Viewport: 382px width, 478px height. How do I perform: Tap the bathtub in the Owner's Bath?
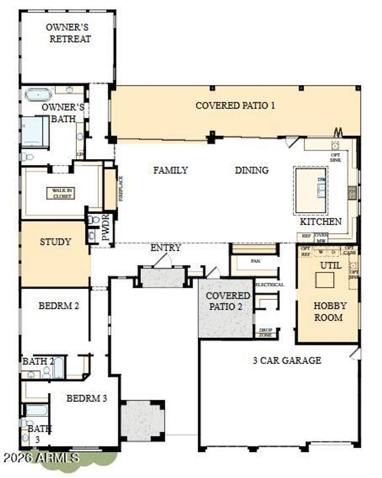[x=39, y=95]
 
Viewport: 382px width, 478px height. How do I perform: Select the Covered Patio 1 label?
[x=235, y=105]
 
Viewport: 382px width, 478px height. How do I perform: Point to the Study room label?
[x=55, y=242]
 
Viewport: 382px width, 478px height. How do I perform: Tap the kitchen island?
[x=311, y=190]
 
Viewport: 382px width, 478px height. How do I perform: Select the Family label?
[x=170, y=170]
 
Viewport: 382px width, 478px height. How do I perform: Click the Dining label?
[x=252, y=170]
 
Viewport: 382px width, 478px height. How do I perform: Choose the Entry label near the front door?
[x=166, y=248]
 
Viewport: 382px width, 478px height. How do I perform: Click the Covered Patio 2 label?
[x=228, y=301]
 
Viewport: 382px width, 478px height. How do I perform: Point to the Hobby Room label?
[x=330, y=312]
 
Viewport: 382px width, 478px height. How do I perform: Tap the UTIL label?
[x=331, y=265]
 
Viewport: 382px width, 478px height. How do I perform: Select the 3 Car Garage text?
[x=287, y=360]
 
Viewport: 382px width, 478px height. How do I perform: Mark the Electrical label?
[x=269, y=285]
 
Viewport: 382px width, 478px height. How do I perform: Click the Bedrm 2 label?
[x=59, y=306]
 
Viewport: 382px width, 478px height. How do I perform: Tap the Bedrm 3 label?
[x=87, y=398]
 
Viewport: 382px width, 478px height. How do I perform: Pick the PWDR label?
[x=105, y=227]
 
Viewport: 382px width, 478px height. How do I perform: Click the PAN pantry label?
[x=255, y=261]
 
